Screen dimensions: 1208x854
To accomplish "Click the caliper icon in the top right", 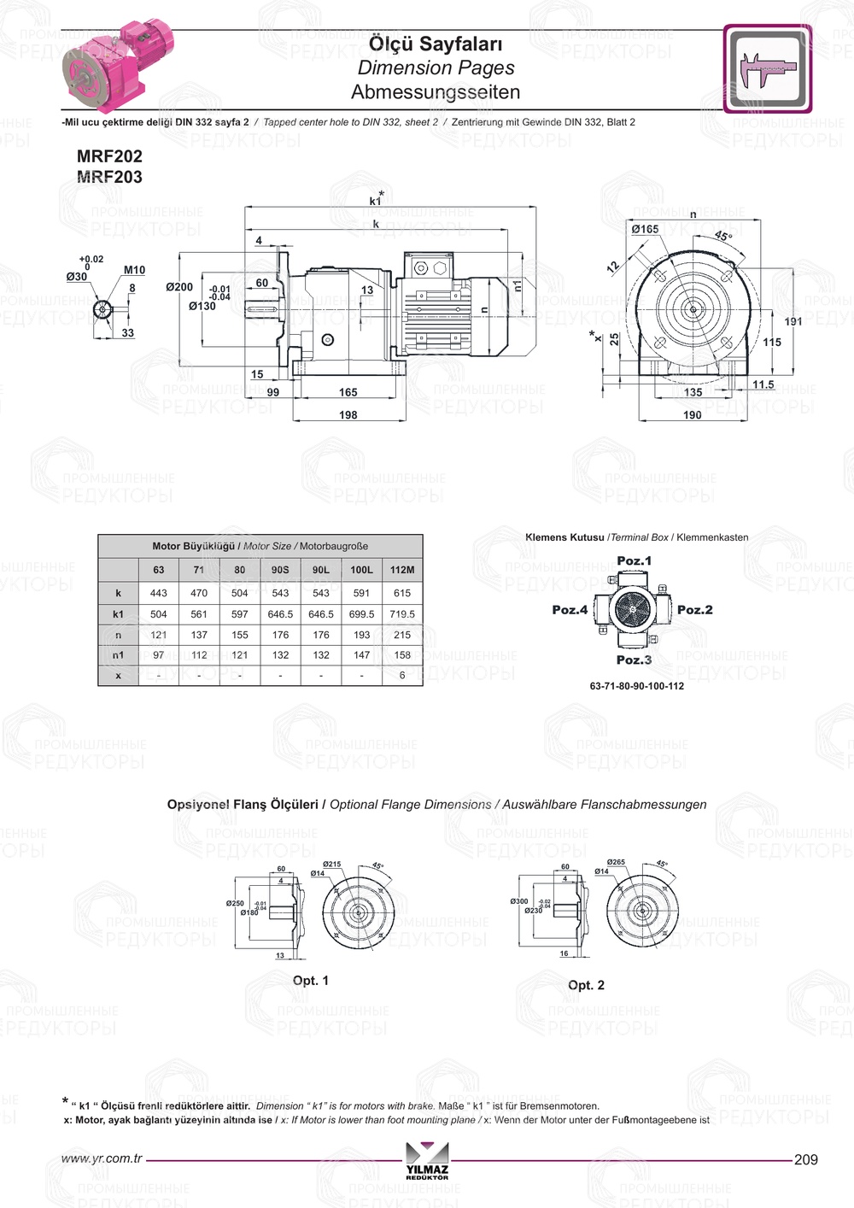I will tap(767, 68).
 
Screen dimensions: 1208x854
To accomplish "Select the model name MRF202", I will tap(109, 156).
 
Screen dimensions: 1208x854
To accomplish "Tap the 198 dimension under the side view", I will tap(348, 415).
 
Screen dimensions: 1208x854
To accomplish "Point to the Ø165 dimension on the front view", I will tap(645, 229).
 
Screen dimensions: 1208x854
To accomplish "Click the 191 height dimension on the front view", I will tap(793, 322).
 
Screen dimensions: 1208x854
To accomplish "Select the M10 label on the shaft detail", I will tap(134, 270).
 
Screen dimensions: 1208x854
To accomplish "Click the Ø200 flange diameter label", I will tap(179, 287).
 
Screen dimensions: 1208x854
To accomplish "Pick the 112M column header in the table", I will tap(402, 570).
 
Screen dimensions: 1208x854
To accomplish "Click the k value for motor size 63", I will tap(159, 593).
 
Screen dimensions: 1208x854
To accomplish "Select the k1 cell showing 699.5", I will tap(361, 614).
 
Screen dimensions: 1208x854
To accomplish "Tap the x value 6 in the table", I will tap(402, 675).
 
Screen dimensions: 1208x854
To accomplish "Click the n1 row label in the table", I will tap(118, 655).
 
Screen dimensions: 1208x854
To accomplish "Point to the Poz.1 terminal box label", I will tap(634, 561).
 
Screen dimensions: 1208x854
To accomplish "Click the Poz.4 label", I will tap(570, 610).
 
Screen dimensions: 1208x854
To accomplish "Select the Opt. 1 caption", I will tap(311, 981).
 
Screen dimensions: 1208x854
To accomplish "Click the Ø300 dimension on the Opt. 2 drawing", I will tap(519, 901).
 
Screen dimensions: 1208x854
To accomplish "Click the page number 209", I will tap(805, 1159).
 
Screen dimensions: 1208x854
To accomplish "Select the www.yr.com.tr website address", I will tap(102, 1158).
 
